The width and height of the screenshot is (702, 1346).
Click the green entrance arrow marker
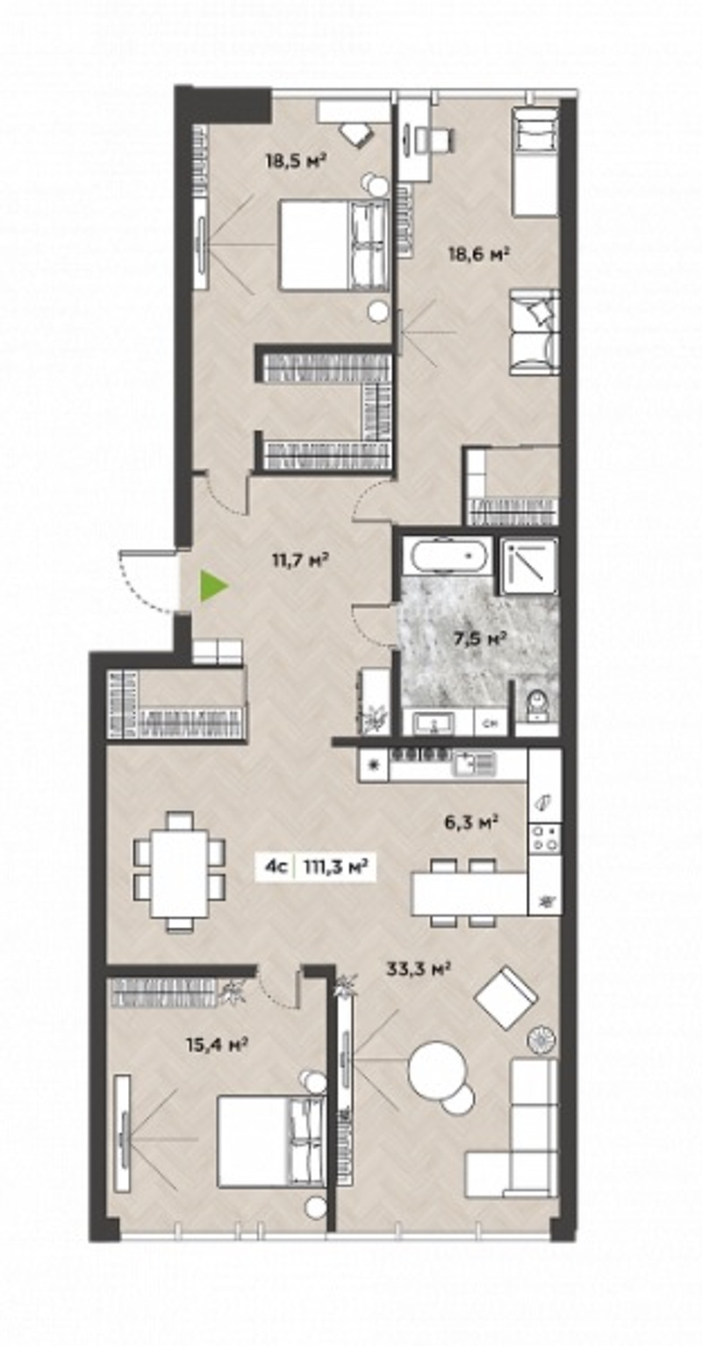[x=212, y=587]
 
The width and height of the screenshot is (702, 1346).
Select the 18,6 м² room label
[x=479, y=254]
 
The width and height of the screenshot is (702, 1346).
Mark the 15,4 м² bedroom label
[x=218, y=1045]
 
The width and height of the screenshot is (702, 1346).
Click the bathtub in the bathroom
[x=448, y=556]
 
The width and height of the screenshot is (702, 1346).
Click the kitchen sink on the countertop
[x=475, y=763]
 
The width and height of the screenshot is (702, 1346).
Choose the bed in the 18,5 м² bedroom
[x=332, y=245]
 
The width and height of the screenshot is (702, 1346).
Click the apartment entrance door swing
[x=148, y=581]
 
